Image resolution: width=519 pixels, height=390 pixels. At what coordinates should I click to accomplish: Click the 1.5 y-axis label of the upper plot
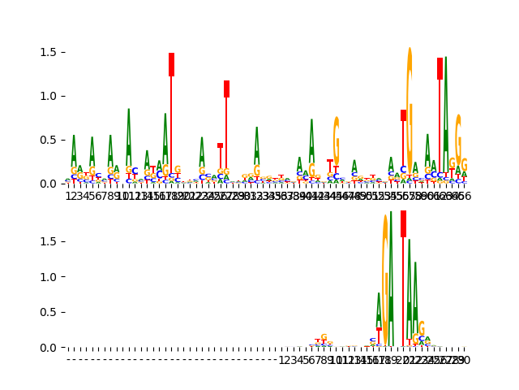[x=46, y=52]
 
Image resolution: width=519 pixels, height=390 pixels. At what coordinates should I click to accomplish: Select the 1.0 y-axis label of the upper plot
[x=46, y=96]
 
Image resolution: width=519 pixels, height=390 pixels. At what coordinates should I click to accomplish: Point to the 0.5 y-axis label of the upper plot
[x=46, y=140]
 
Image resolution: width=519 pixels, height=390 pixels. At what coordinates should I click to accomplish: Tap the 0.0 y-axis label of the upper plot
[x=46, y=184]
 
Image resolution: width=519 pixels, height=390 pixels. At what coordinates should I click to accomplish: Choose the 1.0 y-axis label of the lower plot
[x=46, y=277]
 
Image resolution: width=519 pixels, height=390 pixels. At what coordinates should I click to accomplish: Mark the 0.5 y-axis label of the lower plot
[x=46, y=313]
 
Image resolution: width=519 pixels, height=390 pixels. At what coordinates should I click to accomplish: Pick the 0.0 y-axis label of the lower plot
[x=46, y=348]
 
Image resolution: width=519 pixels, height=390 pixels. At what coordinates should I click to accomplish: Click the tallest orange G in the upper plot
[x=410, y=106]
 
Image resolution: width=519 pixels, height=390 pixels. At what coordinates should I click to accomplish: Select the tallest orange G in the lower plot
[x=385, y=276]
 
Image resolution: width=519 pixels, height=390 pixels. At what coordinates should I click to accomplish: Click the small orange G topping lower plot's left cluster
[x=324, y=337]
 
